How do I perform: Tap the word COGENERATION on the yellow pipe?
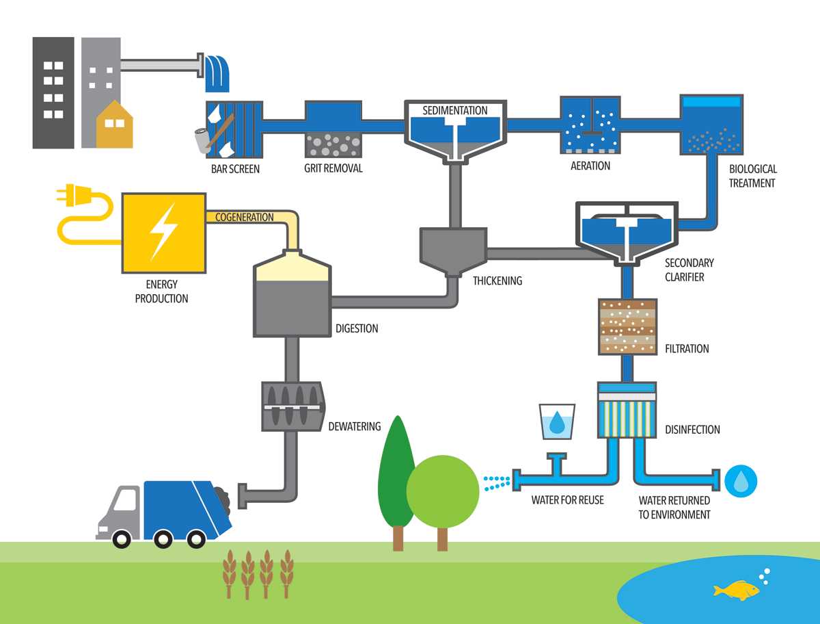[x=245, y=218]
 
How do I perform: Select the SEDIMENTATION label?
[x=454, y=110]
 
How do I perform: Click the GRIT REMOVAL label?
[x=333, y=168]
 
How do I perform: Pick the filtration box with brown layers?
[x=627, y=326]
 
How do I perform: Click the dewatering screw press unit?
[x=293, y=406]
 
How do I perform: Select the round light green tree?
[x=443, y=491]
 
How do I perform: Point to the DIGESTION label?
[x=357, y=328]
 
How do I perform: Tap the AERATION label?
[x=590, y=166]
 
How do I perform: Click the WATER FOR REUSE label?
[x=567, y=500]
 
